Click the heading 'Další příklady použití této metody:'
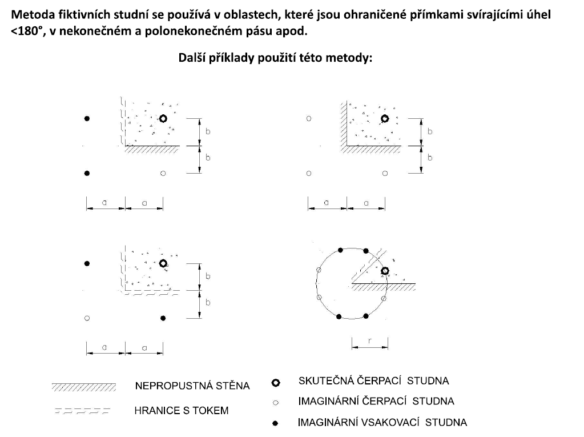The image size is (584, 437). coord(275,58)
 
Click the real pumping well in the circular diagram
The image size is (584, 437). coord(385,271)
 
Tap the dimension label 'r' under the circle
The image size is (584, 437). coord(369,340)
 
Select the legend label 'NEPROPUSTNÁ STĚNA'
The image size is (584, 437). coord(192,385)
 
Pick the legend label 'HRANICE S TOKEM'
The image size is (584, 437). coord(182,411)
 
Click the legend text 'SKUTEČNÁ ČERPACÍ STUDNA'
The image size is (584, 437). coord(373,381)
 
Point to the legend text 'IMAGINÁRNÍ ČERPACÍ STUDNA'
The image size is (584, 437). coord(376,401)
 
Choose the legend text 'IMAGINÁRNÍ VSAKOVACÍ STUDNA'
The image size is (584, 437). coord(382,423)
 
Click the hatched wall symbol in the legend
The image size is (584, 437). coord(84,387)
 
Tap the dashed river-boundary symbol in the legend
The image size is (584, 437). coord(83,411)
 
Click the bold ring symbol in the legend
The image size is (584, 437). coord(276,383)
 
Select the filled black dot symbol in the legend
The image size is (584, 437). coord(275,423)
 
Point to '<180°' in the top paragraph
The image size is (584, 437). coord(26,31)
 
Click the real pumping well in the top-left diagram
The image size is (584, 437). coord(163,118)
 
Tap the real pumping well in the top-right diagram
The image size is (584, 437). coord(385,118)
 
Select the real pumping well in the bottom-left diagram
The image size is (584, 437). coord(163,263)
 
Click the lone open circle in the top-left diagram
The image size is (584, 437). coord(163,173)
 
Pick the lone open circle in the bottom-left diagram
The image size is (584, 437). coord(87,318)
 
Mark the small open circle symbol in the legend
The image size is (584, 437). coord(276,403)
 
